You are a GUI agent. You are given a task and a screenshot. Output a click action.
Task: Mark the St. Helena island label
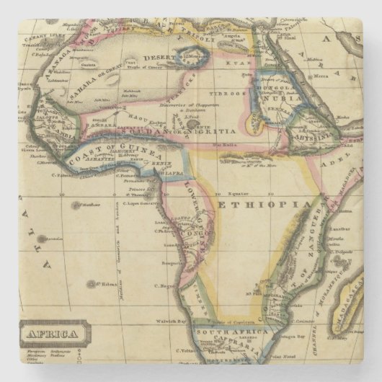[102, 284]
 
